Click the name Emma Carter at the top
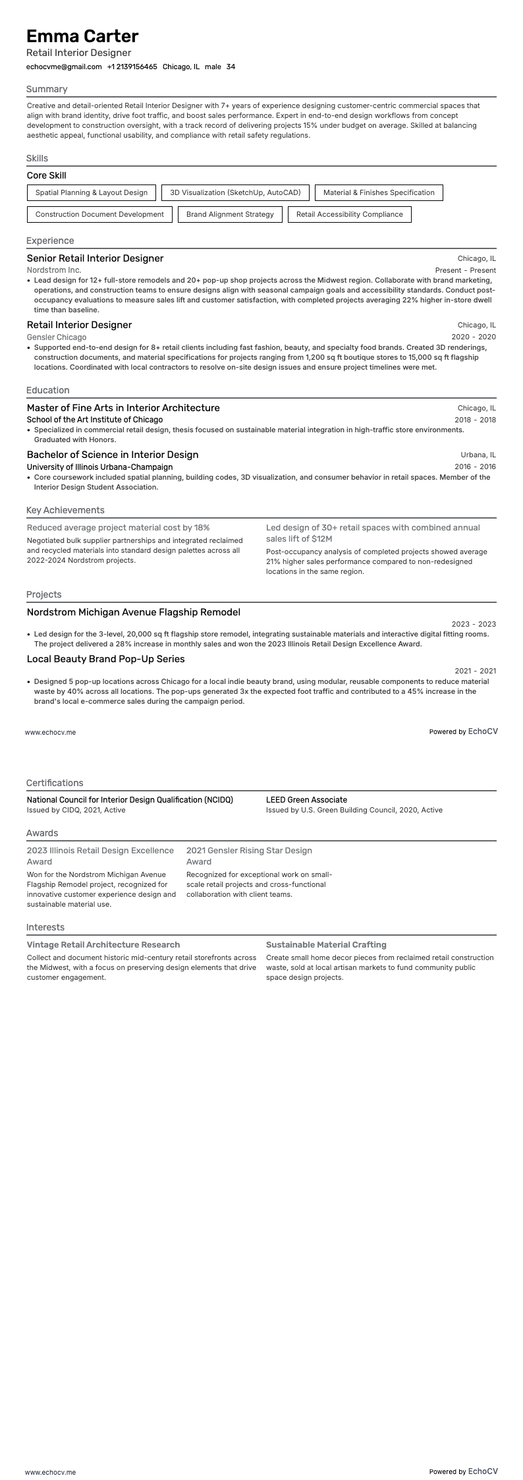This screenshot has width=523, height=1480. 82,36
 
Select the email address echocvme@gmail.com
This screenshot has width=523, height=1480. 64,67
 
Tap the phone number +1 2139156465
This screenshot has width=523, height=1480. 132,67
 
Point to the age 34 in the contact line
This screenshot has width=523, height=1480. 231,67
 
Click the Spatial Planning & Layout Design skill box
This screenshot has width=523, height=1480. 92,192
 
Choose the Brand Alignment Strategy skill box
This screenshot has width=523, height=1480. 230,214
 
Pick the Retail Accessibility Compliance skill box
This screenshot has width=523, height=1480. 349,214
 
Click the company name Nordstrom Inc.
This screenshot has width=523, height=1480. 54,270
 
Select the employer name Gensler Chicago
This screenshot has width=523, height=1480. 57,337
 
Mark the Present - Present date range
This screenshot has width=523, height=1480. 465,270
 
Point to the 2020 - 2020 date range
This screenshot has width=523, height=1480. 473,337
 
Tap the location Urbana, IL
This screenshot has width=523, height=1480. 478,455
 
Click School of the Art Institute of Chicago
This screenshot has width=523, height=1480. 95,420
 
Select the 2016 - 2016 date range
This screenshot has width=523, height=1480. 475,467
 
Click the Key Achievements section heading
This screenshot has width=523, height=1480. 65,510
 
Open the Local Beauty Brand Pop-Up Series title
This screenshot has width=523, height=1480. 105,659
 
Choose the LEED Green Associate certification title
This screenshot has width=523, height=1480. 306,799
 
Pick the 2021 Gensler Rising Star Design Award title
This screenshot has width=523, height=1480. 249,856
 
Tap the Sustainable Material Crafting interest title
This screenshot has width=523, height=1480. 326,944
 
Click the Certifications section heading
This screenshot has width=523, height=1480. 55,783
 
